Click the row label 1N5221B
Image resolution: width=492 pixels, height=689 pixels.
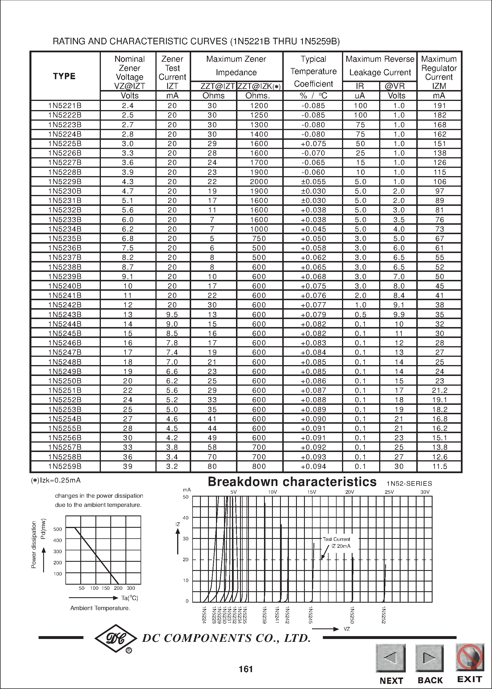pyautogui.click(x=65, y=105)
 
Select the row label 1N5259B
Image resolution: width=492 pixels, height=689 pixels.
pyautogui.click(x=65, y=466)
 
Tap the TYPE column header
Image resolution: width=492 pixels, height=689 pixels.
pyautogui.click(x=64, y=76)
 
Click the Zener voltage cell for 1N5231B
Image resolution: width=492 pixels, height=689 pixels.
pyautogui.click(x=127, y=200)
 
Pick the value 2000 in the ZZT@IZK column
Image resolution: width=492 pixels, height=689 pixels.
pyautogui.click(x=259, y=182)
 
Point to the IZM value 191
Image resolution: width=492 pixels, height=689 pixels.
pyautogui.click(x=440, y=105)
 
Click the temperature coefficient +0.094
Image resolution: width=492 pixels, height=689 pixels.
pyautogui.click(x=313, y=466)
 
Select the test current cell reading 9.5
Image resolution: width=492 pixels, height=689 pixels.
pyautogui.click(x=172, y=315)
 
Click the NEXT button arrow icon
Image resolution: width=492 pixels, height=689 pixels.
pyautogui.click(x=391, y=658)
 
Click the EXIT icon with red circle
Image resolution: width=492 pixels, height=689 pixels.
pyautogui.click(x=469, y=657)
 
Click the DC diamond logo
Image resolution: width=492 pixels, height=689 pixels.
pyautogui.click(x=116, y=638)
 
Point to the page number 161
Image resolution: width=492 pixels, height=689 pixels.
pyautogui.click(x=246, y=669)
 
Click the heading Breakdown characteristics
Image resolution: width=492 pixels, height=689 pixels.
pyautogui.click(x=292, y=482)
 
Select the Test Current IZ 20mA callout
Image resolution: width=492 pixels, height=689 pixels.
pyautogui.click(x=336, y=543)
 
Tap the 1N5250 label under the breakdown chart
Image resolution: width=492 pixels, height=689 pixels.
pyautogui.click(x=352, y=615)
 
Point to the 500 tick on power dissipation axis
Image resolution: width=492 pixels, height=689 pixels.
pyautogui.click(x=57, y=529)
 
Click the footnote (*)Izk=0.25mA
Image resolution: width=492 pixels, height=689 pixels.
pyautogui.click(x=56, y=480)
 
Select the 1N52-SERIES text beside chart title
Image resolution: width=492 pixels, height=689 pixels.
pyautogui.click(x=409, y=483)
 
